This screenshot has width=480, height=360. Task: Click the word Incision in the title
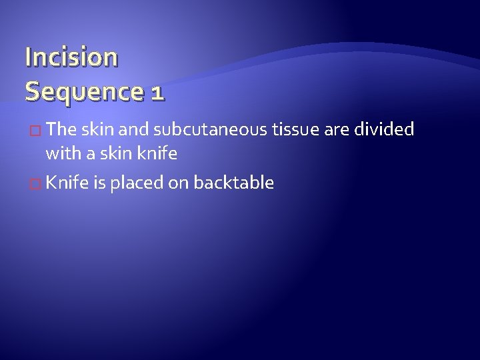[71, 58]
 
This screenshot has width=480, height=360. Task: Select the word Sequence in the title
[83, 90]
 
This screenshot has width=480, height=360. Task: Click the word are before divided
[337, 129]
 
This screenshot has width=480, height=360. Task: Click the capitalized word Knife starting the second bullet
[66, 183]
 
